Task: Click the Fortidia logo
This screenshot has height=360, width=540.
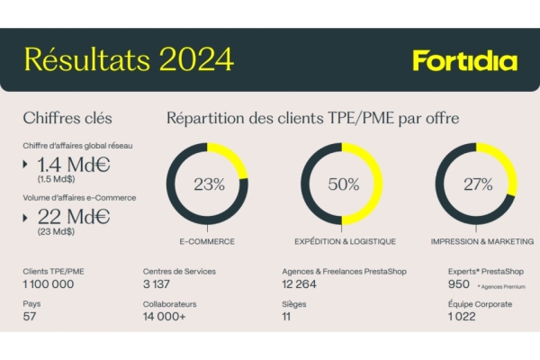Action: click(x=465, y=61)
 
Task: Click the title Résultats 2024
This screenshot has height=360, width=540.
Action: click(x=129, y=59)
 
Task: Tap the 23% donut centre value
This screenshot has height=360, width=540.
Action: click(x=209, y=184)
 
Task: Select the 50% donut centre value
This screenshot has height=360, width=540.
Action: click(x=342, y=184)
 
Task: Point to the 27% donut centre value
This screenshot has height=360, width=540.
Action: click(x=476, y=184)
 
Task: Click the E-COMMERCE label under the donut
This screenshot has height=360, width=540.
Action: click(x=209, y=241)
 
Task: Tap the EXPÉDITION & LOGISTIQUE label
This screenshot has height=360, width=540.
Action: click(x=342, y=241)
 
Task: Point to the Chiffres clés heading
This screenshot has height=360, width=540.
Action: click(x=68, y=118)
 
